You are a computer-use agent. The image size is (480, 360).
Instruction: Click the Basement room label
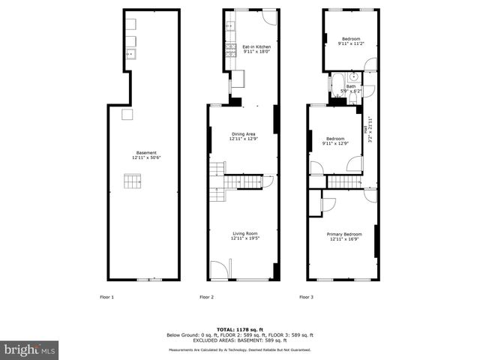146,155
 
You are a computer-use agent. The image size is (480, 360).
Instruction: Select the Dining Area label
242,136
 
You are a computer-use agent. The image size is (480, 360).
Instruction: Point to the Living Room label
244,235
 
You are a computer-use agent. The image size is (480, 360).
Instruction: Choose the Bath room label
351,88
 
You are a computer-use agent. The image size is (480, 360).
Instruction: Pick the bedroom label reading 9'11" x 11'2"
351,41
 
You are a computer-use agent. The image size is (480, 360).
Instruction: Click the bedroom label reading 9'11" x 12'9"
334,141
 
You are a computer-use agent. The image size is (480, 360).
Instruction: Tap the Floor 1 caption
107,298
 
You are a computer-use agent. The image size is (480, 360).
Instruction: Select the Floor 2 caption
207,298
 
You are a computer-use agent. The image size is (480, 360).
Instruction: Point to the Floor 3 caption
307,298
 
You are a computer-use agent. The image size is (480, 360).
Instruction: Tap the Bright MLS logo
30,349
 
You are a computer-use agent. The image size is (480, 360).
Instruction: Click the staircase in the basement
132,181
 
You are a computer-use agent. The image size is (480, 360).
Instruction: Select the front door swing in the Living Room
219,269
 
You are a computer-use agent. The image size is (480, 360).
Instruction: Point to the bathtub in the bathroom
337,82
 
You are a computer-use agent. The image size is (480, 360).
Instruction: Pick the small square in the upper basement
127,114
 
